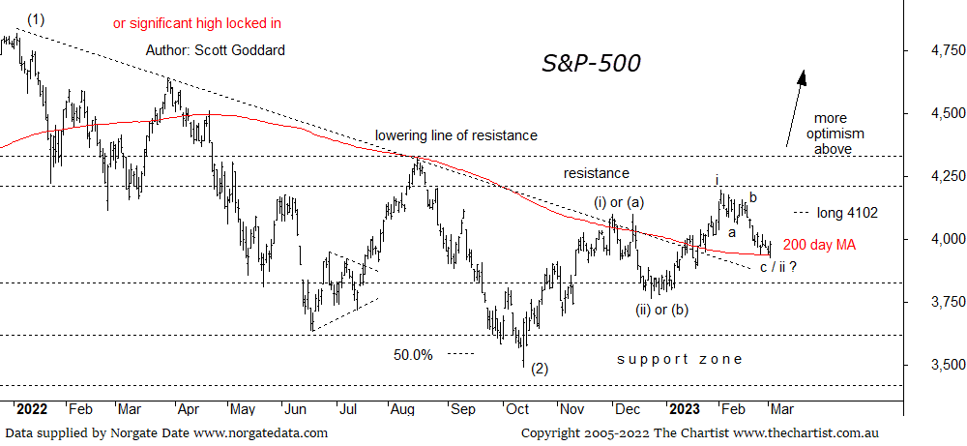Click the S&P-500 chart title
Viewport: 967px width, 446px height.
590,64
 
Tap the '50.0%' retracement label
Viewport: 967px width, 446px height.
413,354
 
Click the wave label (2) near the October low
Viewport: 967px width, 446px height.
540,369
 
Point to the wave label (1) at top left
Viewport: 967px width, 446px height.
36,18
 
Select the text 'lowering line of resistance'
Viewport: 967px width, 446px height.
456,135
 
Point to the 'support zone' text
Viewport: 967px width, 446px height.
680,359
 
